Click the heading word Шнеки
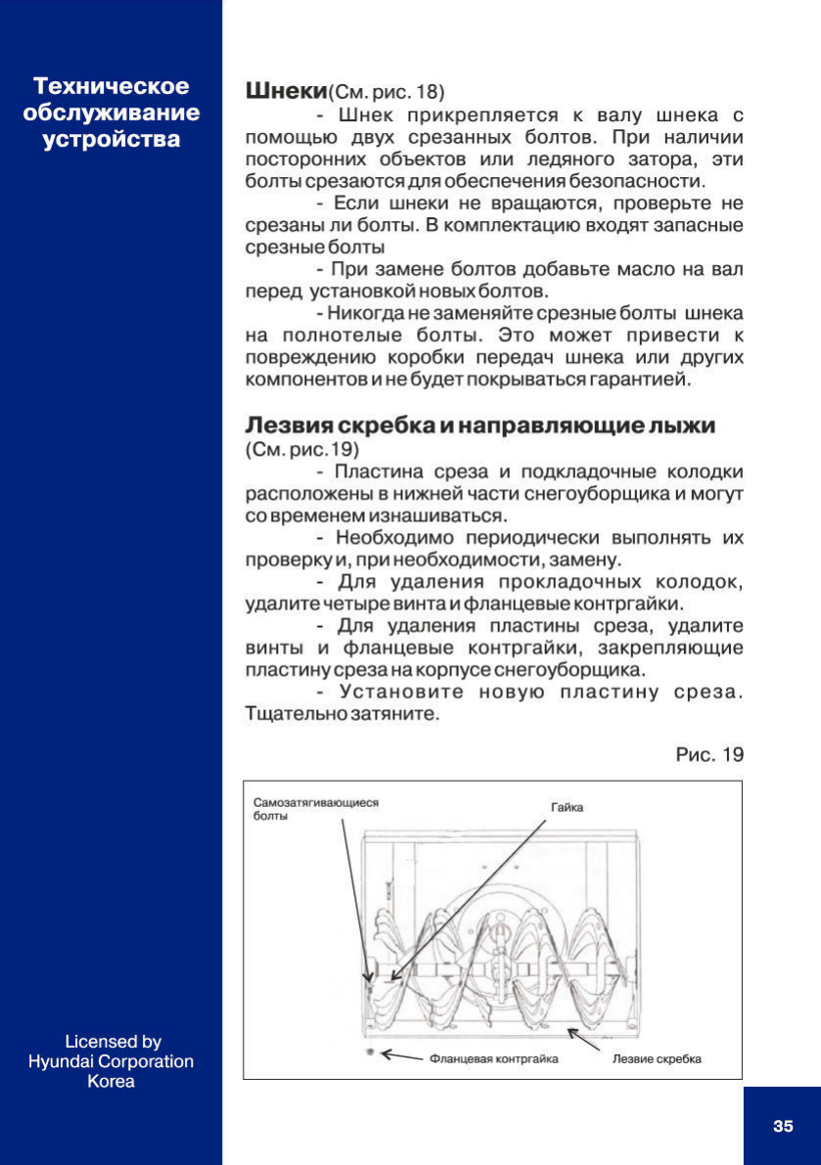pos(285,92)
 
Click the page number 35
pos(783,1126)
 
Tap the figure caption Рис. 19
pos(709,754)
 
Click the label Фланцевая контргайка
pos(493,1058)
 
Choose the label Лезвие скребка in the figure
pos(657,1058)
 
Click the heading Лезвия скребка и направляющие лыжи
pos(479,426)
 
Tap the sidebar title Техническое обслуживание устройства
pos(112,112)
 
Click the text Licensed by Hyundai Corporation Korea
pos(112,1061)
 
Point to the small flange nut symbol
pos(370,1052)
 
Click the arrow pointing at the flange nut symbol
pos(401,1055)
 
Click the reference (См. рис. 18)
pos(386,94)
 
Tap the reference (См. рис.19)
pos(301,450)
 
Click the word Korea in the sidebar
pos(112,1082)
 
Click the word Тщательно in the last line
pos(291,714)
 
